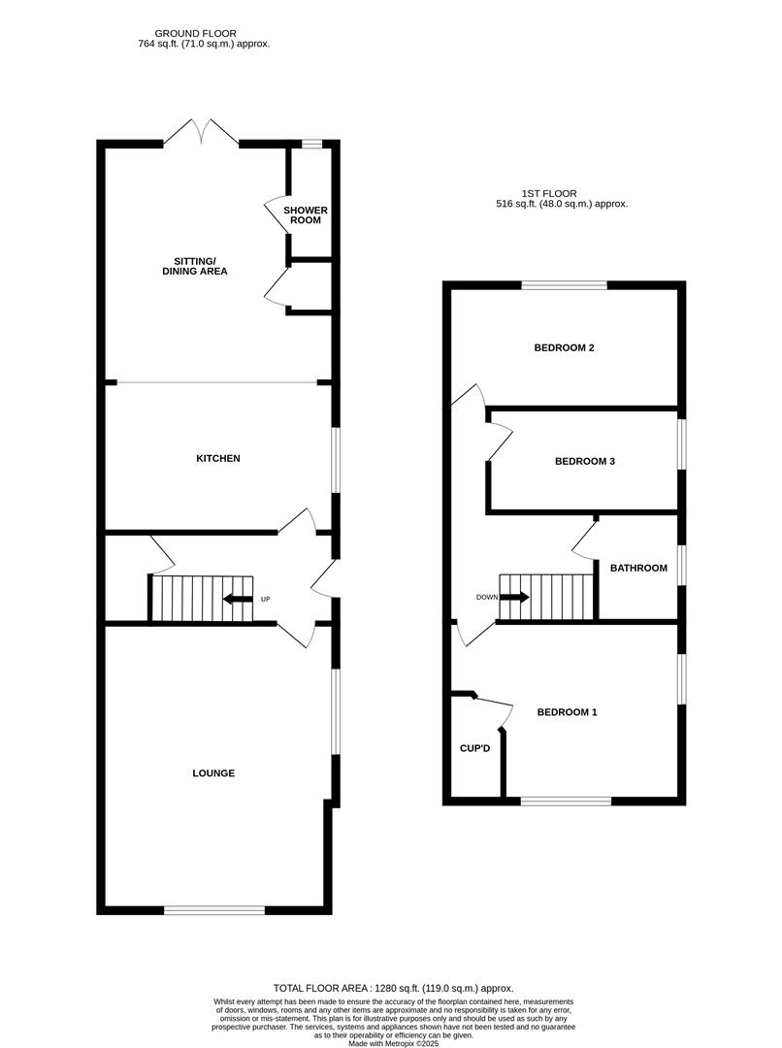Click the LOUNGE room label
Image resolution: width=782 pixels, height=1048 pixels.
pos(213,773)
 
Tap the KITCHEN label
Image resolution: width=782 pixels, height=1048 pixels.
pos(218,458)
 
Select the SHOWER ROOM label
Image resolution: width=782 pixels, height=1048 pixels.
pos(306,215)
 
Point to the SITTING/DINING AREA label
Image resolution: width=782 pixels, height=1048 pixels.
pos(194,266)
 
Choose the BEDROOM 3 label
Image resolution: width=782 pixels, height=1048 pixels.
pos(585,462)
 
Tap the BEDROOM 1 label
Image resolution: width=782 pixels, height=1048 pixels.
pos(568,712)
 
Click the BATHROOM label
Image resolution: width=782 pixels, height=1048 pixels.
pos(638,568)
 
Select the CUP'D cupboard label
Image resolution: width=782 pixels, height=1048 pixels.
pos(475,749)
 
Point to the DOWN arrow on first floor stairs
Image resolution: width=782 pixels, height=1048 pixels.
pos(514,597)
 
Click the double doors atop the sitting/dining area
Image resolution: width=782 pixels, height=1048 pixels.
pos(201,133)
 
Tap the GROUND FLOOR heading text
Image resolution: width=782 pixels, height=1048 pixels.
pos(201,33)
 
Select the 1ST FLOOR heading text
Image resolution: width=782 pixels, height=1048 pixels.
pos(561,193)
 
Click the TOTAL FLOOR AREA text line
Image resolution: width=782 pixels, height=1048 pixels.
pos(392,988)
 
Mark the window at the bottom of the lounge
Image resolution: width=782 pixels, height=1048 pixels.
pos(213,910)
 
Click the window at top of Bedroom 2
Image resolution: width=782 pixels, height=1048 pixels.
pos(565,285)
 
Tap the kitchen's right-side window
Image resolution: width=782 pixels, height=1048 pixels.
pos(336,460)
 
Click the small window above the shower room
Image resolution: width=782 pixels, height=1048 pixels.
pos(310,145)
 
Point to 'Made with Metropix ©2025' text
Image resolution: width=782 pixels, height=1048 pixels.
pos(392,1042)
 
